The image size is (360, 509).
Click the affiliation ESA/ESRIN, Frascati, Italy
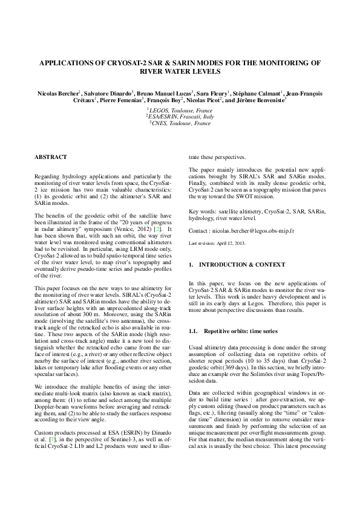pyautogui.click(x=180, y=117)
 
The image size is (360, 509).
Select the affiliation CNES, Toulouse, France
pyautogui.click(x=180, y=123)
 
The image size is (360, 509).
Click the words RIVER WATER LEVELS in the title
pyautogui.click(x=180, y=71)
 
